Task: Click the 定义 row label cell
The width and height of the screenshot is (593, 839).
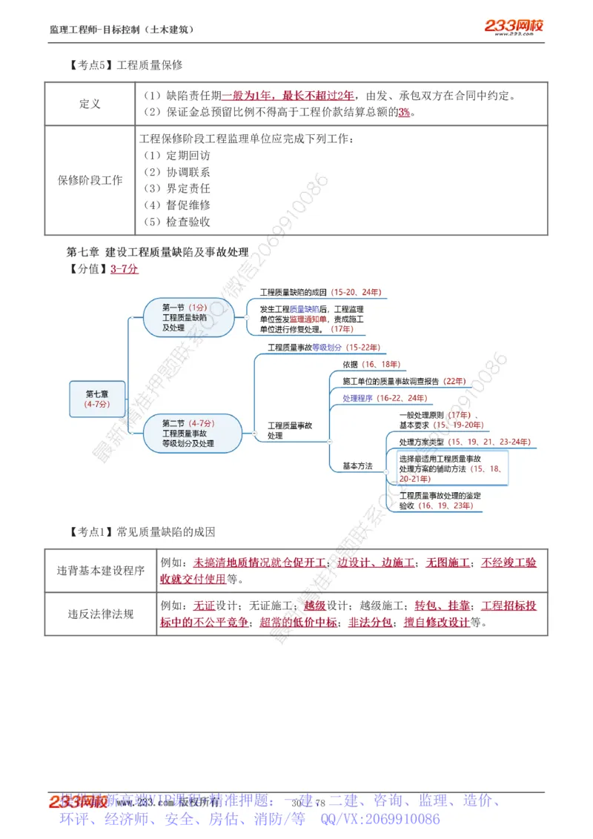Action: pyautogui.click(x=90, y=104)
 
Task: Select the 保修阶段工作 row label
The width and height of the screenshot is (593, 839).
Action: pyautogui.click(x=90, y=180)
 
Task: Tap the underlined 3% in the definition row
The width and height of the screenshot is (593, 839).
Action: pyautogui.click(x=404, y=112)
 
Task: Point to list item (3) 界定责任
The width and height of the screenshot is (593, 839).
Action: pyautogui.click(x=177, y=188)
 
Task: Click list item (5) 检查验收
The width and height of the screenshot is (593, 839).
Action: pyautogui.click(x=177, y=221)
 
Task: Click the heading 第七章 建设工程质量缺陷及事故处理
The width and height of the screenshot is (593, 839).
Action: pyautogui.click(x=157, y=252)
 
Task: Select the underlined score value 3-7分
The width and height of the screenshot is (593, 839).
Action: pyautogui.click(x=125, y=269)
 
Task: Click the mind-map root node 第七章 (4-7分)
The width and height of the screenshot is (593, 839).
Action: pyautogui.click(x=97, y=399)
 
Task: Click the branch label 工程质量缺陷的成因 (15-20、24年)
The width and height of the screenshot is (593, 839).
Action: pyautogui.click(x=315, y=293)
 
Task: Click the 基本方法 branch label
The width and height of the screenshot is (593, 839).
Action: pyautogui.click(x=357, y=466)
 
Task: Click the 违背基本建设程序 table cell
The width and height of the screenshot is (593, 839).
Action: pyautogui.click(x=101, y=571)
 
